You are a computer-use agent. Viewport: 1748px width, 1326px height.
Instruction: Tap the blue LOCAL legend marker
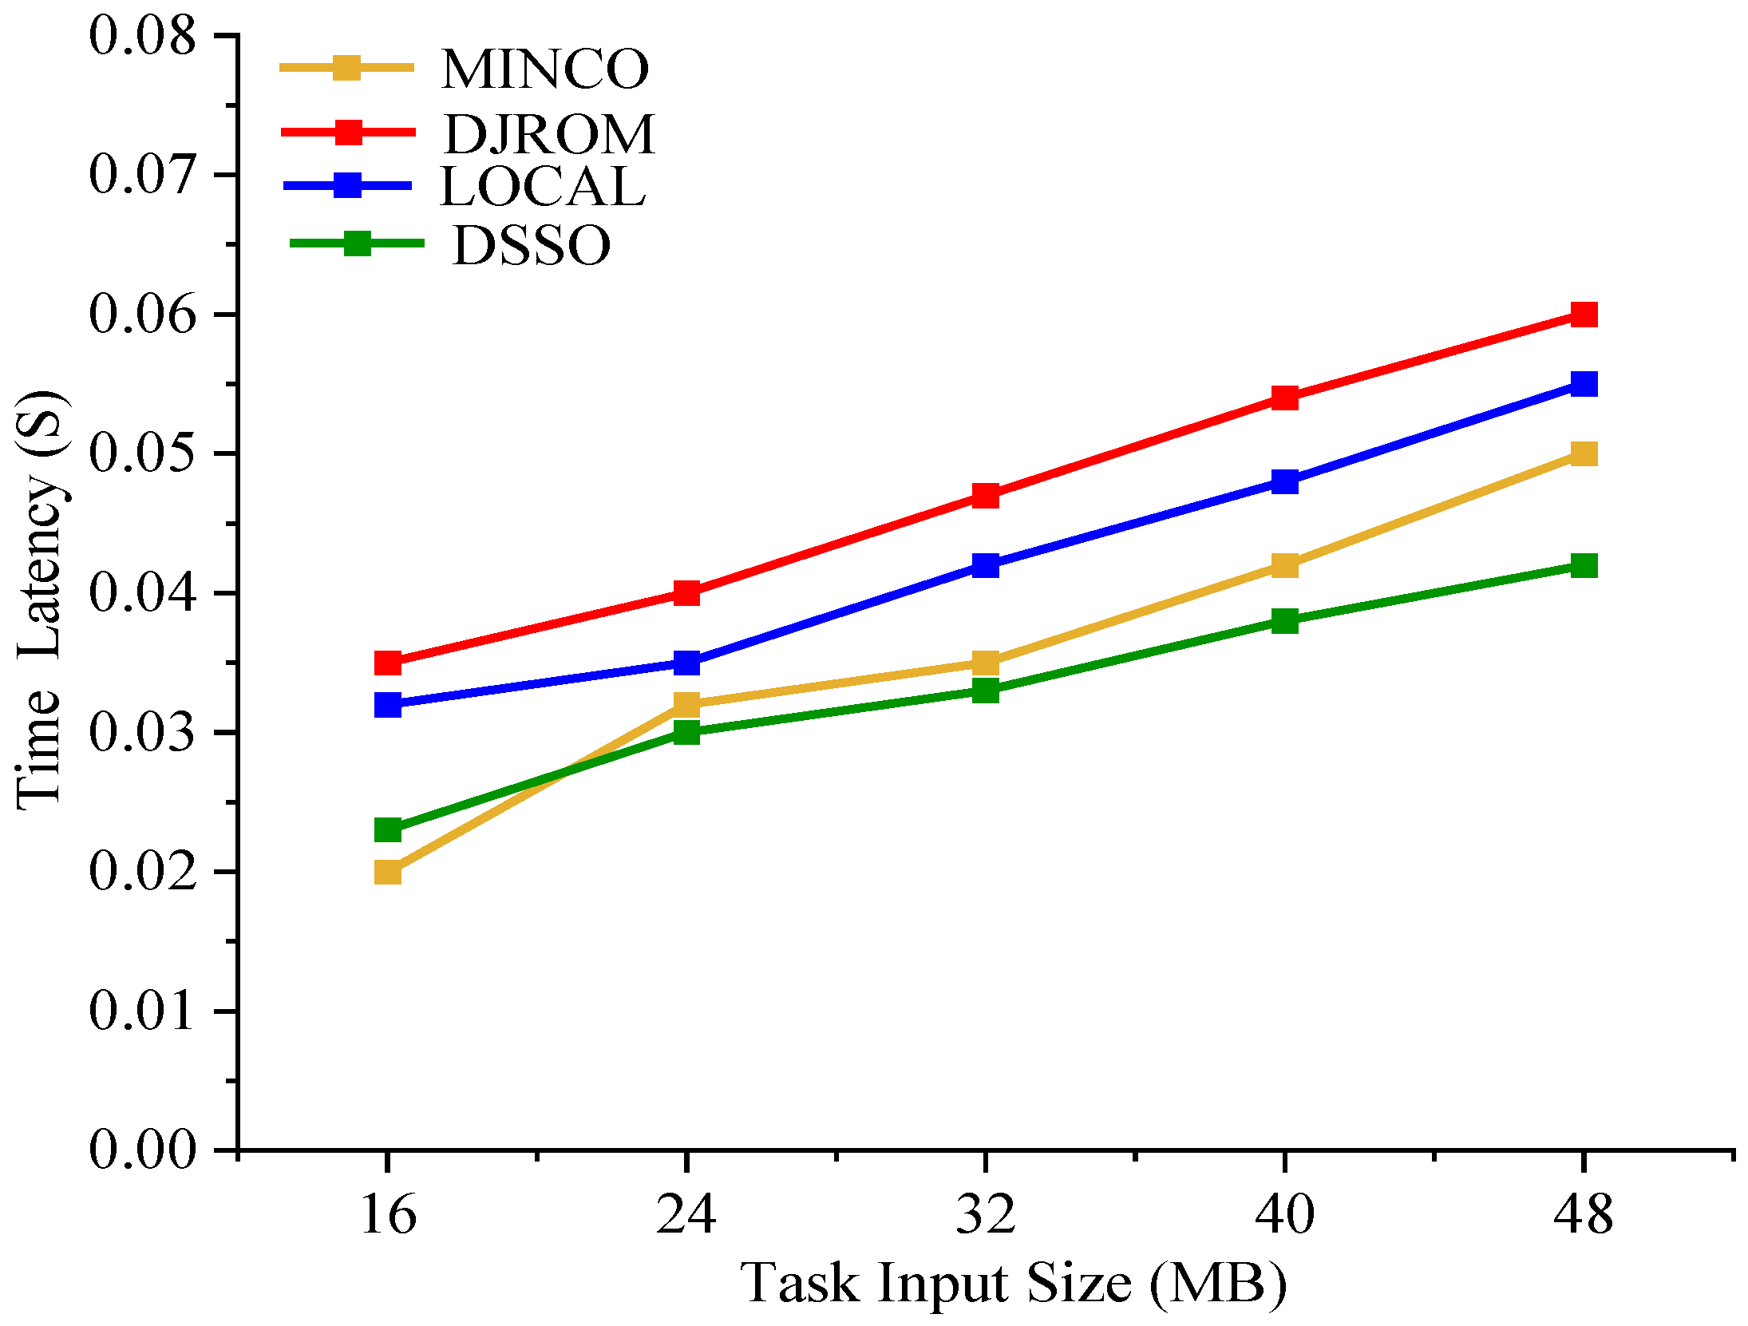[x=347, y=186]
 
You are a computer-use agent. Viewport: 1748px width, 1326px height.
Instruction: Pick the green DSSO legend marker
[x=357, y=243]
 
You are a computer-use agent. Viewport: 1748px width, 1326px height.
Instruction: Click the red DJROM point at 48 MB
[x=1583, y=315]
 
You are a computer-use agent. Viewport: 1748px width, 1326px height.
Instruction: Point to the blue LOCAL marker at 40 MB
[x=1284, y=481]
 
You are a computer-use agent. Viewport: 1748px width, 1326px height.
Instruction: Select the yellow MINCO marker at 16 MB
[x=388, y=872]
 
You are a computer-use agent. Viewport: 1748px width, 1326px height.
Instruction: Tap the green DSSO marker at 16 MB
[x=388, y=830]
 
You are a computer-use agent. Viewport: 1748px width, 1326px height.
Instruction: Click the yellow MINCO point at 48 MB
[x=1583, y=454]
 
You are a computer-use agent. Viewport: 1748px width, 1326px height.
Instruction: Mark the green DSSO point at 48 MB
[x=1583, y=566]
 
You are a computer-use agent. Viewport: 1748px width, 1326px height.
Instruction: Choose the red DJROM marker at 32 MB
[x=986, y=496]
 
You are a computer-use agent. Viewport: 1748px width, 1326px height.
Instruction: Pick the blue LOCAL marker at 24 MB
[x=686, y=663]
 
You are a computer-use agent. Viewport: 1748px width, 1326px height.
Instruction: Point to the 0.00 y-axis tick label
[x=142, y=1150]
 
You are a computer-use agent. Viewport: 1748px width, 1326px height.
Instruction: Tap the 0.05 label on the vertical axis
[x=142, y=453]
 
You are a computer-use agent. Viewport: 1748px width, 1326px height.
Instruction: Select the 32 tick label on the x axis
[x=986, y=1214]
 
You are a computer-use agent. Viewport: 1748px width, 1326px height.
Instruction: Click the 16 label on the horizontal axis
[x=388, y=1214]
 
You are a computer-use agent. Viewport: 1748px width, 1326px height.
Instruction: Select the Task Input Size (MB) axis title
[x=1014, y=1283]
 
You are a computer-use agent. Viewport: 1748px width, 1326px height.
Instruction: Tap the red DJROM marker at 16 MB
[x=388, y=663]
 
